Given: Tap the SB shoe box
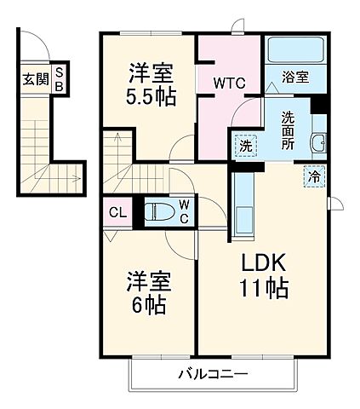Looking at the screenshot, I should coord(60,79).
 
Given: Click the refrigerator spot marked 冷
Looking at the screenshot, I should coord(315,177).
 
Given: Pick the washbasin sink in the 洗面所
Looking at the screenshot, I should coord(317,143).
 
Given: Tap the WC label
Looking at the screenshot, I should coord(184,211).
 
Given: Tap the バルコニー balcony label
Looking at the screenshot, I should coord(213,374).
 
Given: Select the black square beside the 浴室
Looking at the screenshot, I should coord(320,107).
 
